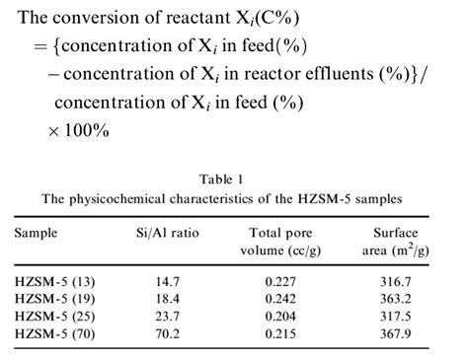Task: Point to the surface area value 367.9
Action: click(x=402, y=335)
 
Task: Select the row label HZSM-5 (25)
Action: click(x=57, y=319)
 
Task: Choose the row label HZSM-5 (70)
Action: click(x=57, y=335)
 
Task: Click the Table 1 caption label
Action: click(x=234, y=179)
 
